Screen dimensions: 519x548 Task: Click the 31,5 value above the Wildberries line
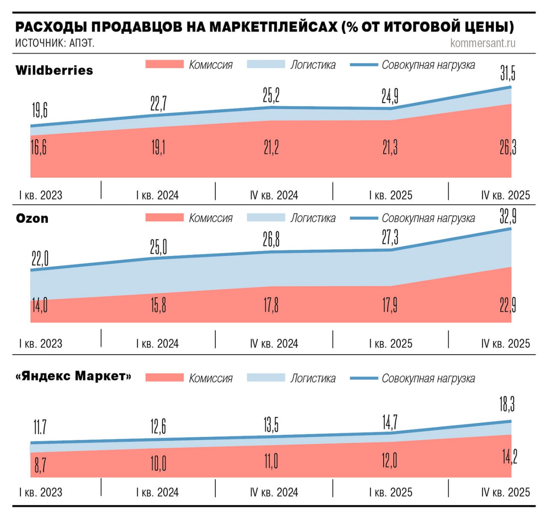pos(508,73)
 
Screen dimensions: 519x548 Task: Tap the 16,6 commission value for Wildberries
pos(39,147)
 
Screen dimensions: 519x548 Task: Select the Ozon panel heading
pos(32,218)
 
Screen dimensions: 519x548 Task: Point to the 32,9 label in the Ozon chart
pos(508,216)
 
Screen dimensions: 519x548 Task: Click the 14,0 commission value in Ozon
pos(39,305)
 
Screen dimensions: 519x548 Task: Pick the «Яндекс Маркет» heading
pos(73,376)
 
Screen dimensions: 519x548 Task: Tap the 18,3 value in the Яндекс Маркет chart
pos(507,403)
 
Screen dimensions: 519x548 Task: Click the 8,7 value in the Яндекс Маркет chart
pos(40,465)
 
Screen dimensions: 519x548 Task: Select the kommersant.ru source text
pos(482,43)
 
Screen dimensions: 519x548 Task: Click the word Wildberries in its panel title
pos(54,70)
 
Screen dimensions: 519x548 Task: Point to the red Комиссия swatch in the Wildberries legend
pos(164,65)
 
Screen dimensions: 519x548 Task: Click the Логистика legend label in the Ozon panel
pos(313,218)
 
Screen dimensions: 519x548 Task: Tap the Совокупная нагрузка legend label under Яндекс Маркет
pos(428,379)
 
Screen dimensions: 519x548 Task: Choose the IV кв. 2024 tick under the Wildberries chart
pos(274,196)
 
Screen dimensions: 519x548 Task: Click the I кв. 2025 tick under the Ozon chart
pos(390,344)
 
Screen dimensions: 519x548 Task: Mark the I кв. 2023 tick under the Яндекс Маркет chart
pos(41,492)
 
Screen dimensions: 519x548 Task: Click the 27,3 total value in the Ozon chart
pos(390,237)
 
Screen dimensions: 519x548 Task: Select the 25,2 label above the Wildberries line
pos(271,95)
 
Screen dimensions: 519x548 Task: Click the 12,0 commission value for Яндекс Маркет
pos(389,460)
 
